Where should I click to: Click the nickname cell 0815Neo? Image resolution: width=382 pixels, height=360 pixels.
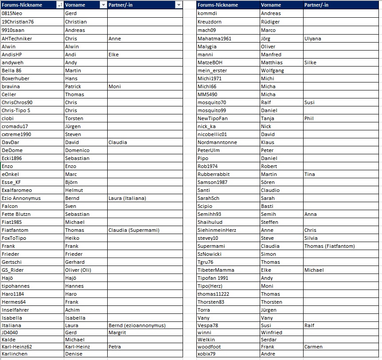(x=12, y=13)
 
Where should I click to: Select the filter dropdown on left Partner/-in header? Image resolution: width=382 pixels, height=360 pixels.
(x=178, y=5)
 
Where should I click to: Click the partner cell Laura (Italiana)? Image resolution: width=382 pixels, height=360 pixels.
(x=127, y=198)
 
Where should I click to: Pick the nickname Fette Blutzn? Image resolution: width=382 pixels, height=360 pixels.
(x=16, y=214)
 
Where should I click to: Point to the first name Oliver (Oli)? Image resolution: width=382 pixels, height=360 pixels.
(x=78, y=270)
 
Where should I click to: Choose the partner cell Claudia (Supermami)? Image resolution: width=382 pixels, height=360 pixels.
(x=134, y=230)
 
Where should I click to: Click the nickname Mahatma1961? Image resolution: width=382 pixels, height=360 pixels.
(x=214, y=39)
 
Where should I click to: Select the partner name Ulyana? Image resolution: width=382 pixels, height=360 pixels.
(x=313, y=39)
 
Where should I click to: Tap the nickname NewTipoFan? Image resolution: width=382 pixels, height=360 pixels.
(x=213, y=118)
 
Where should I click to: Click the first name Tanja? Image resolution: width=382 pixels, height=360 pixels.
(x=268, y=118)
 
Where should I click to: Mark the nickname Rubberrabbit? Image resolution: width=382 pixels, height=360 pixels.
(x=214, y=174)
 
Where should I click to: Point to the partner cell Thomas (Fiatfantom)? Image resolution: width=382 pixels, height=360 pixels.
(x=330, y=246)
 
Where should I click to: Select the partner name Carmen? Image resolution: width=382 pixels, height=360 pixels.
(x=313, y=347)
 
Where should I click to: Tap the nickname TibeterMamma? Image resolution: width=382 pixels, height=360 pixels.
(x=216, y=270)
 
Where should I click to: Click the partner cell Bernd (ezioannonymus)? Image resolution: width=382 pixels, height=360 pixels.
(x=137, y=325)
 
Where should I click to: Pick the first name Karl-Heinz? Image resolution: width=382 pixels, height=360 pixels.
(x=79, y=347)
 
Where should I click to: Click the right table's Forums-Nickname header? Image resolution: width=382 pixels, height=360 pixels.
(x=218, y=5)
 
